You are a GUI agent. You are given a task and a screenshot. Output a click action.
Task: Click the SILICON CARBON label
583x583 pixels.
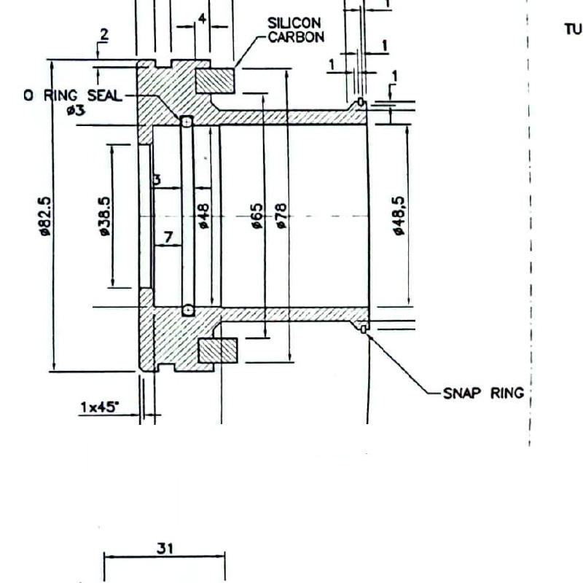(295, 31)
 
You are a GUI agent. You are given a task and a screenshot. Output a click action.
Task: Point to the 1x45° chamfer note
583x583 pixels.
(98, 407)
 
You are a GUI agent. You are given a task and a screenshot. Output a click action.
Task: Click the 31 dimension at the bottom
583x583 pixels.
(165, 549)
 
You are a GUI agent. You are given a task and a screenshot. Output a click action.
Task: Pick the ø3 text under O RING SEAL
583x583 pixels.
(75, 111)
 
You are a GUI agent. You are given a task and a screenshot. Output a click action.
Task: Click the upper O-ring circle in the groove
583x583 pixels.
(187, 122)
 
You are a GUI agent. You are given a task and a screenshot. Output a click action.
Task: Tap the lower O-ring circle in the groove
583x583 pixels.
(188, 310)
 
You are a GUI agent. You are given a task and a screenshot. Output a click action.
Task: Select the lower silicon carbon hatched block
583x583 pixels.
(219, 351)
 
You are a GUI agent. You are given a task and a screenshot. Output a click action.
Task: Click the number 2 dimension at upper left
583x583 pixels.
(103, 34)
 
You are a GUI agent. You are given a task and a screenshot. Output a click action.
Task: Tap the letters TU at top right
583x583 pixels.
(573, 29)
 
